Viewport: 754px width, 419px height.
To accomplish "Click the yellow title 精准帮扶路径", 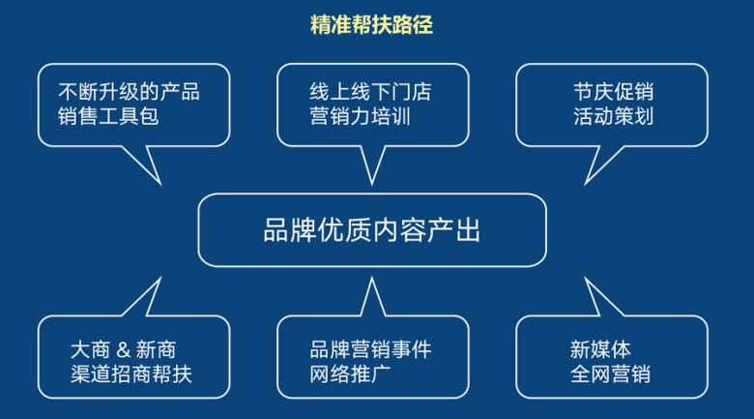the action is tap(371, 24).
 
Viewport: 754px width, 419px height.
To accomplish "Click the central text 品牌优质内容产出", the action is tap(372, 230).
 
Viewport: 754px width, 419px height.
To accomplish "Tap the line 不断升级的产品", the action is tap(129, 92).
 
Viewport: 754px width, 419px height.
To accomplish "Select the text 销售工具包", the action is tap(108, 116).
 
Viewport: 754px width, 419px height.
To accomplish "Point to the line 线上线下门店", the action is tap(370, 92).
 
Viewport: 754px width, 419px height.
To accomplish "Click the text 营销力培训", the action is tap(360, 116).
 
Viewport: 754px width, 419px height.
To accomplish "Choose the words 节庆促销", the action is tap(613, 92).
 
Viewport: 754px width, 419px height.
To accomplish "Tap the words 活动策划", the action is tap(613, 116).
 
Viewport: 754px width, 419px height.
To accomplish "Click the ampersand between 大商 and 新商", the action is tap(123, 349).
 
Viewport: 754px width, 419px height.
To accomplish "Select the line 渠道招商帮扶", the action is tap(130, 374).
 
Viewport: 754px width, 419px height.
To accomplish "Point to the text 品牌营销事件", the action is tap(370, 349).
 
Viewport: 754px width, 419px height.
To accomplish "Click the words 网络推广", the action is tap(350, 374).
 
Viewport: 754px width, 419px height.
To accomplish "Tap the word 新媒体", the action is tap(600, 349).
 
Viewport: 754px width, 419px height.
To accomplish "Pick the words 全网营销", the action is tap(610, 374).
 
